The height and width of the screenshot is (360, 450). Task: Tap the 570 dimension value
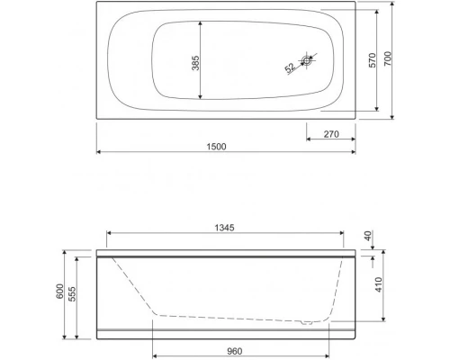pyautogui.click(x=372, y=60)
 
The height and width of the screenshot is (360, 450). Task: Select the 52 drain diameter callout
pyautogui.click(x=290, y=67)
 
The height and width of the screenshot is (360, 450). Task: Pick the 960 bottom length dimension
pyautogui.click(x=236, y=344)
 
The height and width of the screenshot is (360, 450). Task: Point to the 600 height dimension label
pyautogui.click(x=60, y=293)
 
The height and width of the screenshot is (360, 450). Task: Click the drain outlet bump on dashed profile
pyautogui.click(x=310, y=319)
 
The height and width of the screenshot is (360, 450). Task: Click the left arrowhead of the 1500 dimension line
pyautogui.click(x=98, y=151)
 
